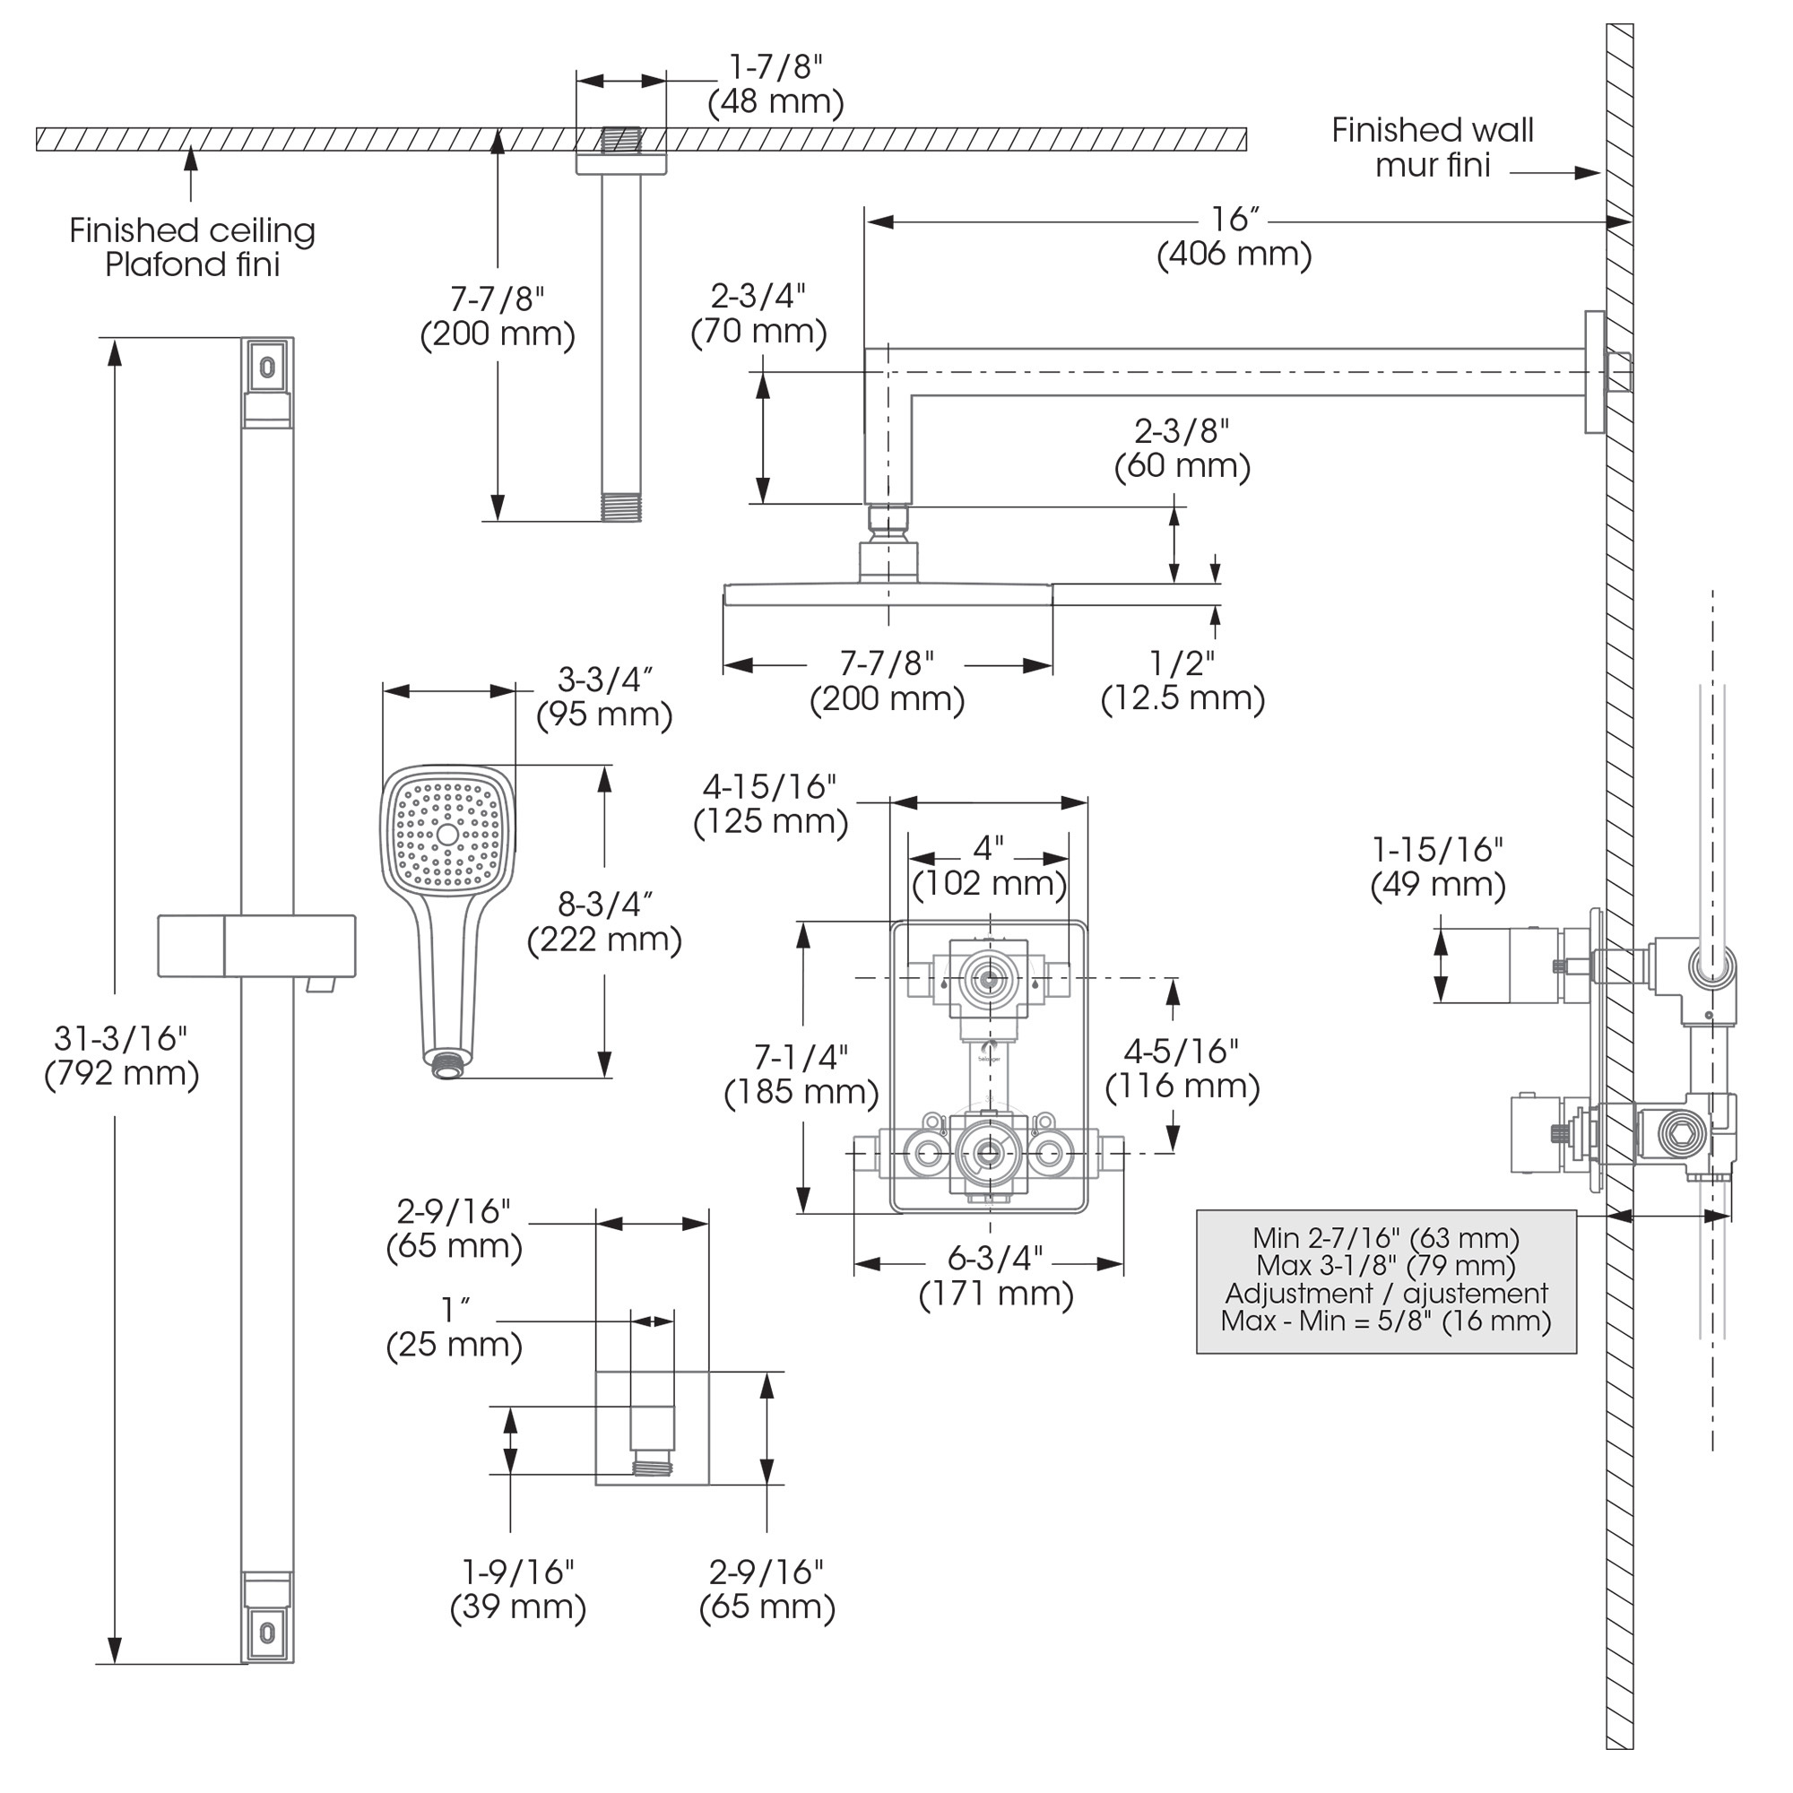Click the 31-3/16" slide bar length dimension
point(122,1056)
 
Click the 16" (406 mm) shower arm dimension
point(1234,237)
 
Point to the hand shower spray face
point(448,833)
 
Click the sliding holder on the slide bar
point(257,946)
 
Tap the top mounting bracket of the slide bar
point(267,367)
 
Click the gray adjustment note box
point(1386,1282)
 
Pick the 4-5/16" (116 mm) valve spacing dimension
point(1182,1069)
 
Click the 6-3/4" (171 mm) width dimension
point(996,1276)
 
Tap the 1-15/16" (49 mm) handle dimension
point(1438,867)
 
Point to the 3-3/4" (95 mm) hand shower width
point(604,697)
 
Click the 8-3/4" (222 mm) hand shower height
point(604,922)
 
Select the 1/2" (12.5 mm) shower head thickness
point(1182,680)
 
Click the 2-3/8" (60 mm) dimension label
point(1182,448)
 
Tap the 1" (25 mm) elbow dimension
point(454,1328)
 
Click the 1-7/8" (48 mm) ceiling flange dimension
point(775,84)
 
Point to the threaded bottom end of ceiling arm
point(621,507)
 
